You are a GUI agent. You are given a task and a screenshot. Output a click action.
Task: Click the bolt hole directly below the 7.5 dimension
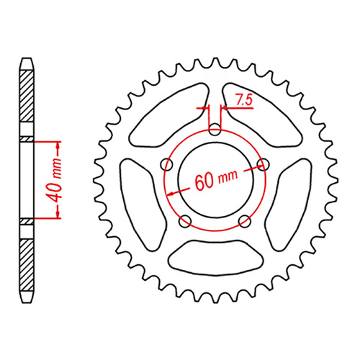[215, 130]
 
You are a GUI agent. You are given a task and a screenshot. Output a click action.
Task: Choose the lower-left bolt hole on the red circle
[186, 219]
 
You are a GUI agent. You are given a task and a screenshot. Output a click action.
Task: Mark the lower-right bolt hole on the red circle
[243, 219]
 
